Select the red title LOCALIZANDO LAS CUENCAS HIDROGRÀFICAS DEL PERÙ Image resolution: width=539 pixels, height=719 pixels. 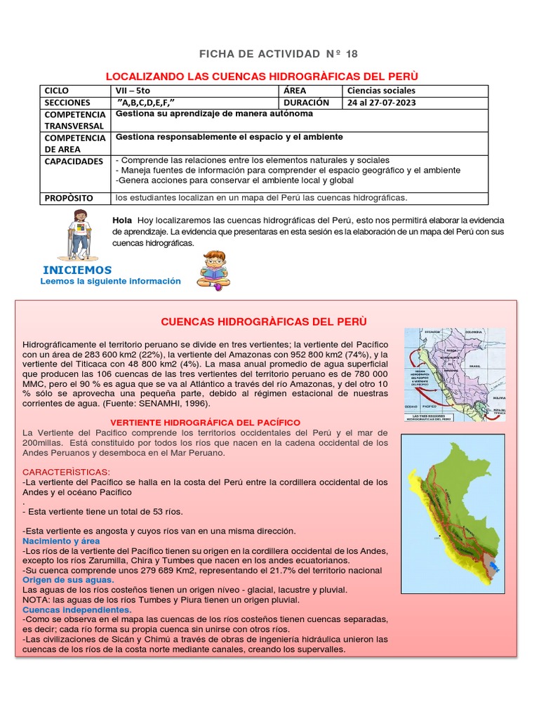point(261,76)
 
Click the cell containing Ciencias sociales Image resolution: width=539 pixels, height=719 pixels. point(381,91)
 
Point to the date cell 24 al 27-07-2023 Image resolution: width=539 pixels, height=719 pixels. point(382,103)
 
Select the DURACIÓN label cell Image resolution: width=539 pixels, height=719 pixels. point(307,103)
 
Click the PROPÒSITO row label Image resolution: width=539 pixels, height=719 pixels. point(69,198)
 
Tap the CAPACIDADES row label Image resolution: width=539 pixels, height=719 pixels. point(74,161)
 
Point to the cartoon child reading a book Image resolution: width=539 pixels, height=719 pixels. point(213,270)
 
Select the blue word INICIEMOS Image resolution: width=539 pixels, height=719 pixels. point(77,270)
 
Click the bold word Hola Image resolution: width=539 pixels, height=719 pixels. point(122,220)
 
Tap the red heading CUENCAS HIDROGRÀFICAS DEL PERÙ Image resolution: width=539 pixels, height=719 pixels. point(264,322)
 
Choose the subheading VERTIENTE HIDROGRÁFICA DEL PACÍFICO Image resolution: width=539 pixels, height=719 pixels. point(206,423)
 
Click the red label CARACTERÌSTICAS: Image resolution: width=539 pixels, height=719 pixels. point(66,471)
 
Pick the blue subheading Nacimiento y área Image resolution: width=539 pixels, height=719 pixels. point(61,541)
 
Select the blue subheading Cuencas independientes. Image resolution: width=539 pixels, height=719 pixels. point(76,610)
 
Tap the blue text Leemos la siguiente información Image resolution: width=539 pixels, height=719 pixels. point(111,282)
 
